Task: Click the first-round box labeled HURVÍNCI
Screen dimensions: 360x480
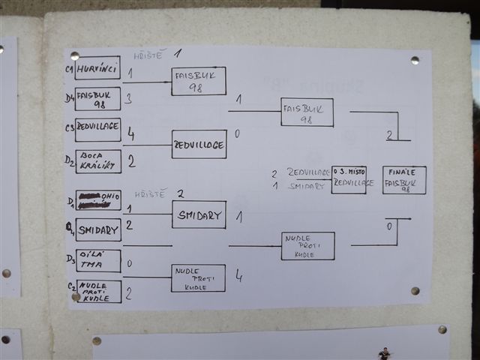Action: point(97,67)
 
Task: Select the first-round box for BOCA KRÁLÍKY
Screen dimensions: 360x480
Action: point(97,161)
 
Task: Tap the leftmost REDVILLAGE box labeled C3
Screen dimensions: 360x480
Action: point(97,129)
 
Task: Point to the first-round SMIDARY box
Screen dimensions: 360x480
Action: point(98,229)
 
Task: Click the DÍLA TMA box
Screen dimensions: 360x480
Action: point(98,260)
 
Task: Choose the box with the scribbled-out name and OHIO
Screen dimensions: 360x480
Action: point(98,200)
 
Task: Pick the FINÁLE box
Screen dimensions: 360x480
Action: point(404,180)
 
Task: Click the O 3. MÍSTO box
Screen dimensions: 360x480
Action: point(349,180)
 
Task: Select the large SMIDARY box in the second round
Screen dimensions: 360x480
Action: point(199,214)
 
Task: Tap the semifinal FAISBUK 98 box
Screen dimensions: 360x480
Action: point(307,112)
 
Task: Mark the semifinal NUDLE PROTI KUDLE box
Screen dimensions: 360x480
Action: point(307,245)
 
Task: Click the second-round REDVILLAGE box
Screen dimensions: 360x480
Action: point(199,144)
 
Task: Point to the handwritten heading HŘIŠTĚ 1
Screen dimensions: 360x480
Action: point(157,54)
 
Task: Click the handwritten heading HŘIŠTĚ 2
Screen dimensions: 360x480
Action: point(159,193)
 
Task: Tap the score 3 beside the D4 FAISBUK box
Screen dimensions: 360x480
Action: point(128,98)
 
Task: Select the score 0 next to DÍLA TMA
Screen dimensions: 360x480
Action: point(129,263)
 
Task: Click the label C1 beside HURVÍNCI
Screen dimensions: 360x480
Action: point(69,69)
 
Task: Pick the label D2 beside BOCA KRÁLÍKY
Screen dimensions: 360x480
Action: point(69,160)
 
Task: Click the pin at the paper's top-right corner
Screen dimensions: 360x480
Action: point(415,60)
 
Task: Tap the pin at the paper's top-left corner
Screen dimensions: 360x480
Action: point(74,55)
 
